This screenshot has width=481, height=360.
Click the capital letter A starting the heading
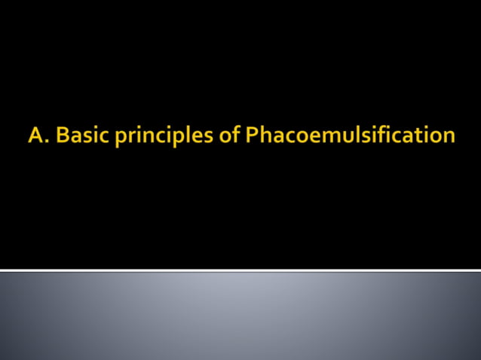pos(35,136)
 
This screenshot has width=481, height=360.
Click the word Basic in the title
pos(78,136)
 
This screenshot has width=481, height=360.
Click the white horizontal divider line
pos(240,270)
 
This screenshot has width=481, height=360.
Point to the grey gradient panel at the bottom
pos(240,316)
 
